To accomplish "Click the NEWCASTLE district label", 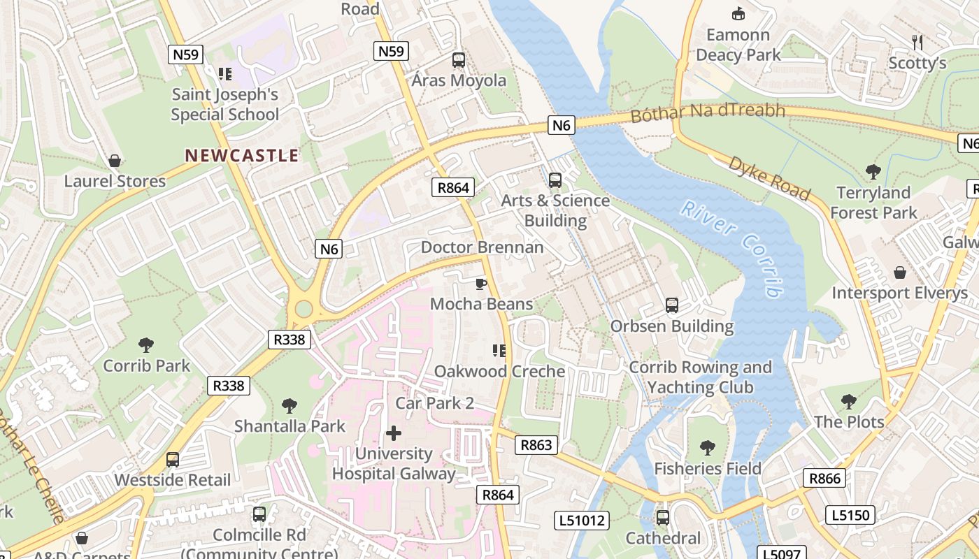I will [x=241, y=155].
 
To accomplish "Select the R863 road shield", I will [x=536, y=444].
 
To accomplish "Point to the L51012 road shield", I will [x=581, y=520].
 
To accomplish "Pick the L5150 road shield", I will [x=850, y=516].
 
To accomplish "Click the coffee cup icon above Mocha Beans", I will [x=480, y=283].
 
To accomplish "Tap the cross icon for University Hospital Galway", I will [x=394, y=433].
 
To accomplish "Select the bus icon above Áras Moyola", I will [x=459, y=60].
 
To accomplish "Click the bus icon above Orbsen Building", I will [x=672, y=305].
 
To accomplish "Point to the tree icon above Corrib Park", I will [x=146, y=344].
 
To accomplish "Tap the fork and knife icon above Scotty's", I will [x=917, y=43].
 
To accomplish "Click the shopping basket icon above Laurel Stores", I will [x=115, y=161].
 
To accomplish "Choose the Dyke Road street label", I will [x=769, y=178].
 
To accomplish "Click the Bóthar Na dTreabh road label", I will [x=708, y=112].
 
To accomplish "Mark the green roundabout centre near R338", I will [x=303, y=308].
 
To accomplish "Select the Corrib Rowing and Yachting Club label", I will [x=700, y=377].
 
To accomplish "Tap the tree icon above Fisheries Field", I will [x=708, y=447].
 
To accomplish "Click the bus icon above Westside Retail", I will [x=173, y=459].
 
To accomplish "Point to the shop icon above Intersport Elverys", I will [x=900, y=273].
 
